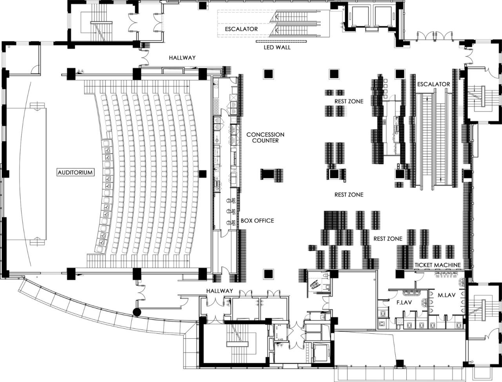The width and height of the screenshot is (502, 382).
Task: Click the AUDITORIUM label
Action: point(75,172)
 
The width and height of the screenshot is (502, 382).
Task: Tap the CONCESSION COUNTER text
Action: point(265,137)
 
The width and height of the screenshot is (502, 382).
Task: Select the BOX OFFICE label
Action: point(257,221)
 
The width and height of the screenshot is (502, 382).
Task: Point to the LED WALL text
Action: point(277,48)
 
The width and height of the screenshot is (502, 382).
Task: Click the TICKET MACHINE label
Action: point(438,265)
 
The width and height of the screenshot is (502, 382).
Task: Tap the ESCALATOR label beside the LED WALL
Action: point(241,29)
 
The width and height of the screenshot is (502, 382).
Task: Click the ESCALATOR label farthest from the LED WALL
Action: point(433,84)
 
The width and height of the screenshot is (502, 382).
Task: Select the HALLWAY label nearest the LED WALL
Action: point(182,58)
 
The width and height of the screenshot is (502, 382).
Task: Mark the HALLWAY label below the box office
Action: point(220,291)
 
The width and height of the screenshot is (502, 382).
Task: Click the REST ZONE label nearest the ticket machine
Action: point(388,239)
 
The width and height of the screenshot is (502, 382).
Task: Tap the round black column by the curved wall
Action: point(137,312)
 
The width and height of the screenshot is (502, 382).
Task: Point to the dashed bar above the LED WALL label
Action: point(277,41)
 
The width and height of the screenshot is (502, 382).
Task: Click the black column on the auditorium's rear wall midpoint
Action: point(203,173)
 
